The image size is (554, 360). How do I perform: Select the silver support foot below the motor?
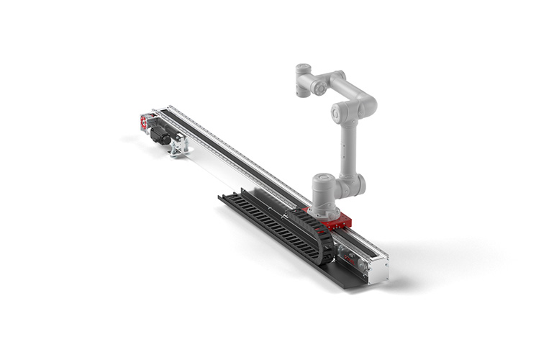pyautogui.click(x=178, y=146)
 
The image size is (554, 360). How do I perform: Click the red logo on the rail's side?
pyautogui.click(x=350, y=256)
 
